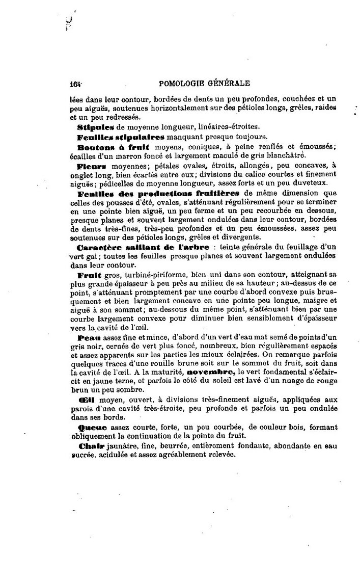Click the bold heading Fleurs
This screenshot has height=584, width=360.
92,166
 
